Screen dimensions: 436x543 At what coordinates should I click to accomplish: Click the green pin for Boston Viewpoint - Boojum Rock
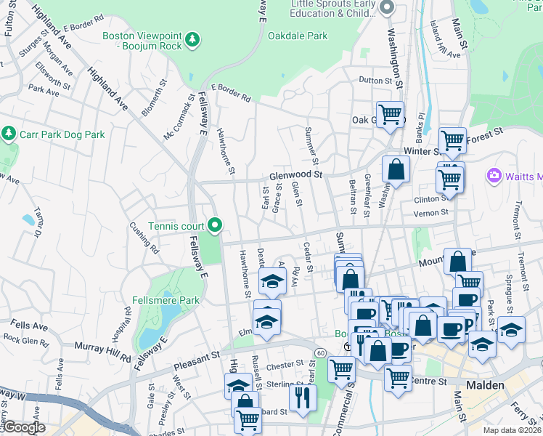pos(192,38)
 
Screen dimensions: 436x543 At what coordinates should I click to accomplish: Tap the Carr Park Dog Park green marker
pos(9,134)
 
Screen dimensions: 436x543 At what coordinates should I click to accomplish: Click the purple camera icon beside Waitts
pos(495,175)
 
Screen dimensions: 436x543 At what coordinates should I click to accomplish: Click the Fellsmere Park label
pos(166,299)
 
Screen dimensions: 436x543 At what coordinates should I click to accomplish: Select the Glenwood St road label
pos(295,175)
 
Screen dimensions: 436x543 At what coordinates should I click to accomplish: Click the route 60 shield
pos(320,352)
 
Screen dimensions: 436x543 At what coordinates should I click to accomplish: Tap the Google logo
pos(24,427)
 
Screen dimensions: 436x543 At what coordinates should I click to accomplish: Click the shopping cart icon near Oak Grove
pos(391,114)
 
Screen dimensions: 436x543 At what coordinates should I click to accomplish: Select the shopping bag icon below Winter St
pos(397,169)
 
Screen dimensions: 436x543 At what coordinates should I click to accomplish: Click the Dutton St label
pos(375,81)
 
